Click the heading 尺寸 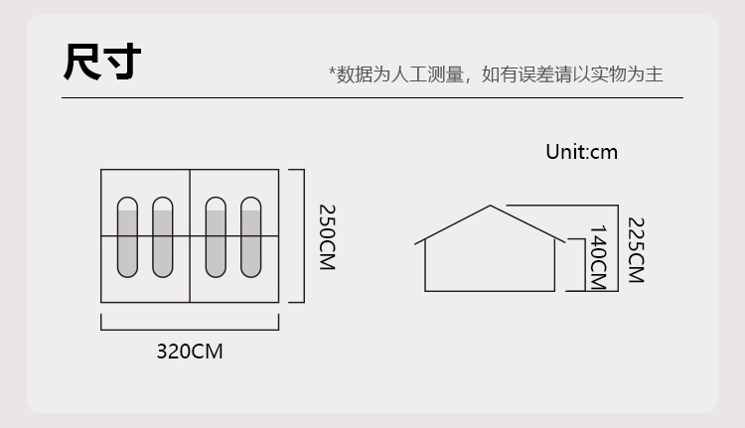[x=102, y=62]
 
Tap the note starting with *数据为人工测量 [x=496, y=74]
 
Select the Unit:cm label [x=581, y=152]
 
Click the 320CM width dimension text [x=190, y=351]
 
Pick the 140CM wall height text [x=598, y=257]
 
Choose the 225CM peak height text [x=636, y=249]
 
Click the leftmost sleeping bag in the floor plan [x=128, y=237]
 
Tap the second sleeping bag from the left [x=163, y=237]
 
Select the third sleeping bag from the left [x=216, y=237]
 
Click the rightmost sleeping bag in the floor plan [x=250, y=237]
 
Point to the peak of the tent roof [x=491, y=206]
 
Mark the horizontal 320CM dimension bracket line [x=190, y=328]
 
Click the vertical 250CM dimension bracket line [x=303, y=235]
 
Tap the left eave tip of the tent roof [x=415, y=242]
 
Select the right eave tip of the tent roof [x=566, y=241]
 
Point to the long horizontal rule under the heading [x=372, y=98]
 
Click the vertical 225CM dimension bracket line [x=618, y=247]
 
